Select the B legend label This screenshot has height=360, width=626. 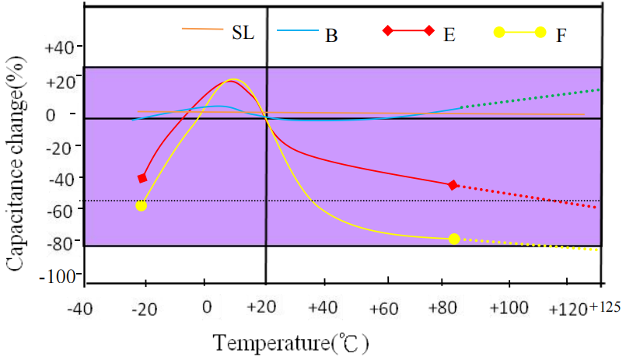331,36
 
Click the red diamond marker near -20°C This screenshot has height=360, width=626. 142,178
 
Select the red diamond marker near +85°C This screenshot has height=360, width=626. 453,185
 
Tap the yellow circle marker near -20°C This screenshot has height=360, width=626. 141,205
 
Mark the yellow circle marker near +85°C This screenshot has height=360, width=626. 454,239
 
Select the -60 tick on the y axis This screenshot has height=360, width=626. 61,209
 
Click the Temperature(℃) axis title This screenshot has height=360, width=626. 291,342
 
